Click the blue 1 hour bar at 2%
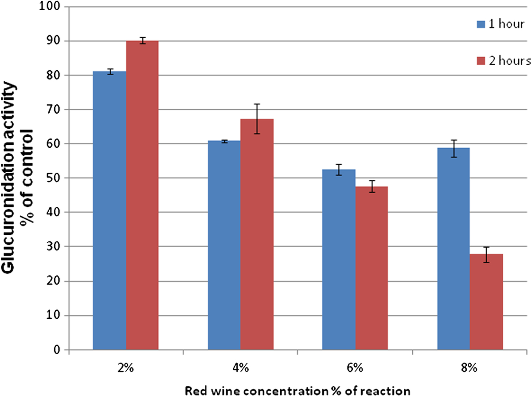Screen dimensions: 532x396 pyautogui.click(x=110, y=210)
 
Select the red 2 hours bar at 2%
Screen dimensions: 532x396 pyautogui.click(x=142, y=195)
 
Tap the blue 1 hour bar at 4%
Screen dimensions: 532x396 pyautogui.click(x=224, y=245)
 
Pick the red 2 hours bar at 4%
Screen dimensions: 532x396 pyautogui.click(x=257, y=234)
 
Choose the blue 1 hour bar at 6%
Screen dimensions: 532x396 pyautogui.click(x=339, y=260)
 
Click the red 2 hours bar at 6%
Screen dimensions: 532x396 pyautogui.click(x=372, y=268)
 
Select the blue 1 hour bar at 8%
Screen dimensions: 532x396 pyautogui.click(x=454, y=249)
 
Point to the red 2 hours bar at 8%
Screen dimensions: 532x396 pyautogui.click(x=486, y=302)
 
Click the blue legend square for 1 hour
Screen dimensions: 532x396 pyautogui.click(x=481, y=24)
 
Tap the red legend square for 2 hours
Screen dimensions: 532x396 pyautogui.click(x=481, y=61)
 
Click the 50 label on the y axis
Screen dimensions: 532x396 pyautogui.click(x=53, y=178)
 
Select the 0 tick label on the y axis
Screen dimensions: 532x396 pyautogui.click(x=56, y=350)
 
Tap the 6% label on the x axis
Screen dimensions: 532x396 pyautogui.click(x=355, y=368)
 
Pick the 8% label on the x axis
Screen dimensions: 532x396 pyautogui.click(x=469, y=368)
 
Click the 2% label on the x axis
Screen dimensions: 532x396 pyautogui.click(x=125, y=368)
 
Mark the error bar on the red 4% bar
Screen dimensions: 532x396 pyautogui.click(x=257, y=119)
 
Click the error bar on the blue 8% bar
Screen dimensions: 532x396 pyautogui.click(x=454, y=148)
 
